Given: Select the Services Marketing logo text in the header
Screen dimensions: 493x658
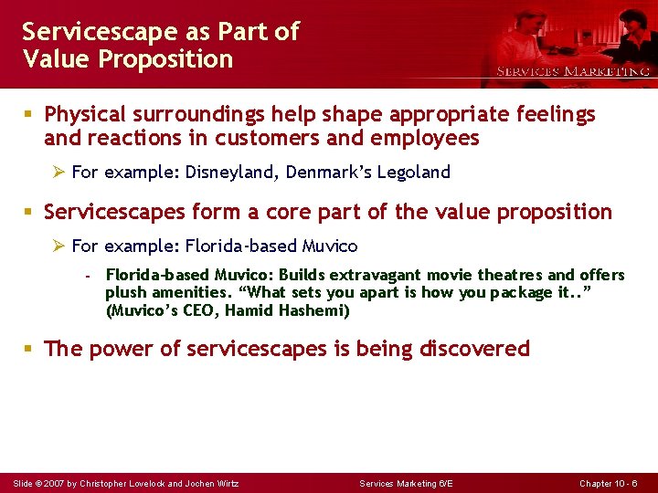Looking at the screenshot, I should point(572,71).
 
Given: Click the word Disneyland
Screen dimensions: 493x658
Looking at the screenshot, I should point(234,172).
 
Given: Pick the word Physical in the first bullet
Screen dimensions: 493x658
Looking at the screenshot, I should point(85,115).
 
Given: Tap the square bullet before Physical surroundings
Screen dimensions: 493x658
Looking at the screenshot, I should point(28,115).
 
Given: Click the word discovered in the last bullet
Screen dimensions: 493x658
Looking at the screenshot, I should point(474,349).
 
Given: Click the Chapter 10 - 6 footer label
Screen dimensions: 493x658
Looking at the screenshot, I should point(609,483).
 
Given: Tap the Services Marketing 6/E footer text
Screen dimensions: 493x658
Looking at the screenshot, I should point(406,483).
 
